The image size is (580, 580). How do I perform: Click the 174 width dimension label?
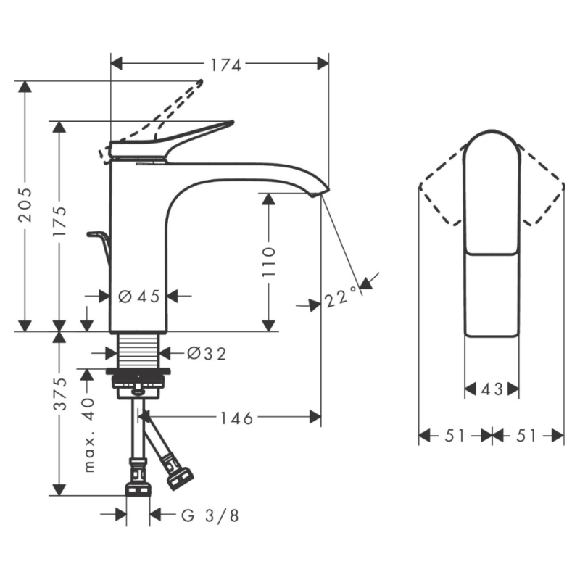(x=225, y=65)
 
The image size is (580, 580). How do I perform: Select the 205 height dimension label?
(x=25, y=205)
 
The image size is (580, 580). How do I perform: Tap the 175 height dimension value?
(x=59, y=222)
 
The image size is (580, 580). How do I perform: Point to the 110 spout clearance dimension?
(x=268, y=261)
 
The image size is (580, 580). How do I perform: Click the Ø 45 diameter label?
(x=139, y=297)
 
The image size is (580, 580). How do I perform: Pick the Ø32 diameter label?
(x=207, y=354)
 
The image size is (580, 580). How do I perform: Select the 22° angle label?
(x=342, y=297)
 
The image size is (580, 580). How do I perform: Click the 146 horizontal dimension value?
(x=237, y=418)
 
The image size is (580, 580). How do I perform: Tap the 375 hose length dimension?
(x=59, y=394)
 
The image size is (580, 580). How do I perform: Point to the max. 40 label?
(x=88, y=435)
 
